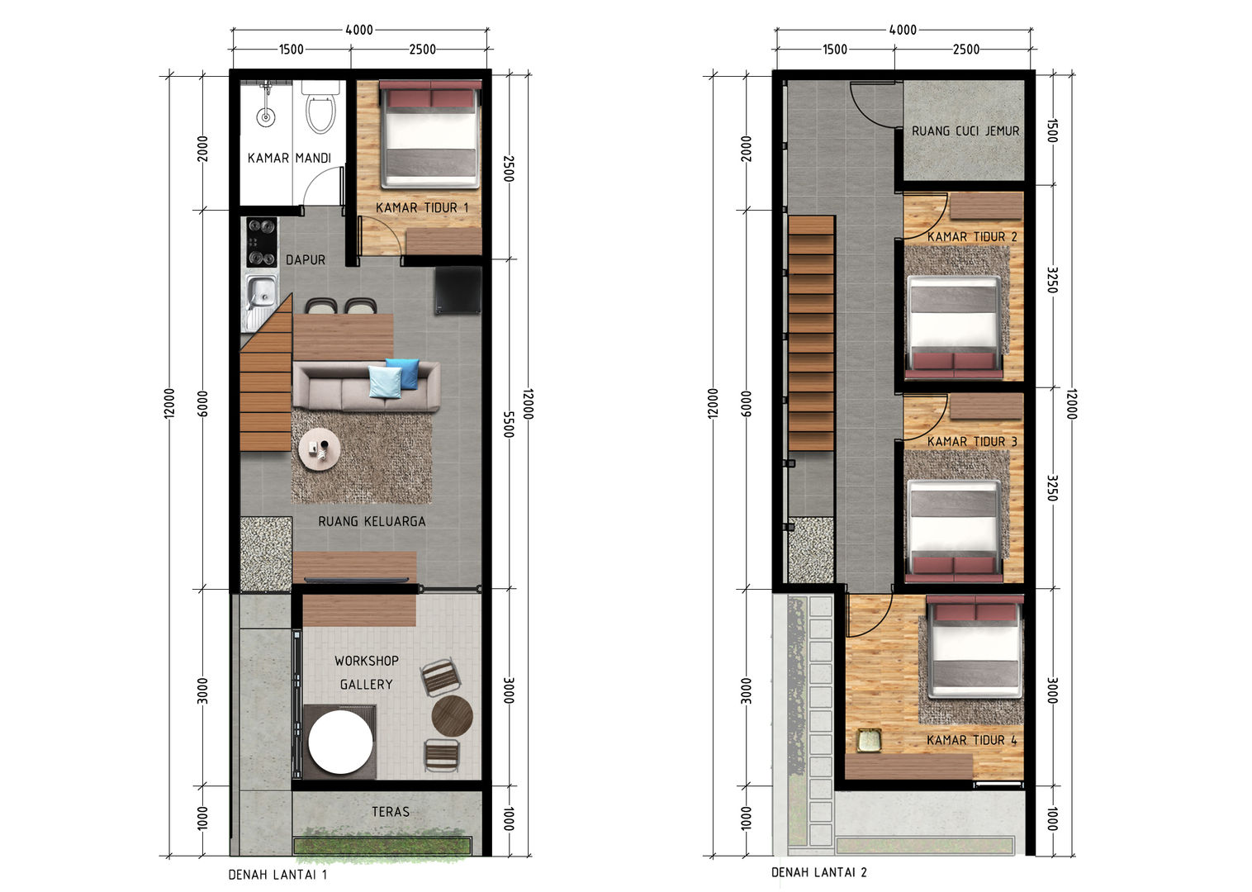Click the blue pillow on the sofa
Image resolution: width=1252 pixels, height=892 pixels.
402,372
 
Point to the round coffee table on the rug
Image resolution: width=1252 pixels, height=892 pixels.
319,450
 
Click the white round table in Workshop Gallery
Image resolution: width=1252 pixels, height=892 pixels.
340,742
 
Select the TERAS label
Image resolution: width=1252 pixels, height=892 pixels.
390,812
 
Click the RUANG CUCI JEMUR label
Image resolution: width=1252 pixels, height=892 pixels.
965,131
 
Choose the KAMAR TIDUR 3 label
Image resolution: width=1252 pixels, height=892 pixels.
971,442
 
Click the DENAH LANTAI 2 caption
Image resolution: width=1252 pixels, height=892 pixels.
818,872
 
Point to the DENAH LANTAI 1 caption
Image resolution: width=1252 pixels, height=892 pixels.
277,875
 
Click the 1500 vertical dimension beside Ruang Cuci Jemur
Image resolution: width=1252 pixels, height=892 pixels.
1052,130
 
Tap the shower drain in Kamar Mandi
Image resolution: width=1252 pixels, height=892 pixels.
265,118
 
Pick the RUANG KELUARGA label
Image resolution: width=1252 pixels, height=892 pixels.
372,521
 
